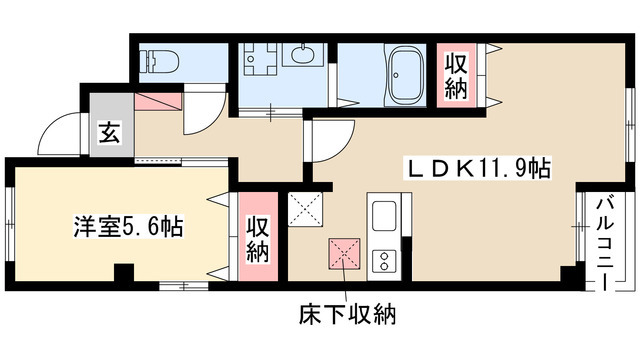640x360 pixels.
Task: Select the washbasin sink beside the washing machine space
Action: [x=301, y=55]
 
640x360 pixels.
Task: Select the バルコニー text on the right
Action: [x=605, y=240]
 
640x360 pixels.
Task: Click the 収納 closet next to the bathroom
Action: [x=455, y=76]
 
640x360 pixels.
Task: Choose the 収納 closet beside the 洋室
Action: [x=257, y=239]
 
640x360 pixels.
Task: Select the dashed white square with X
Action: [x=303, y=211]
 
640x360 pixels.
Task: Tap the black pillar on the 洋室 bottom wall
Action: [x=124, y=273]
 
